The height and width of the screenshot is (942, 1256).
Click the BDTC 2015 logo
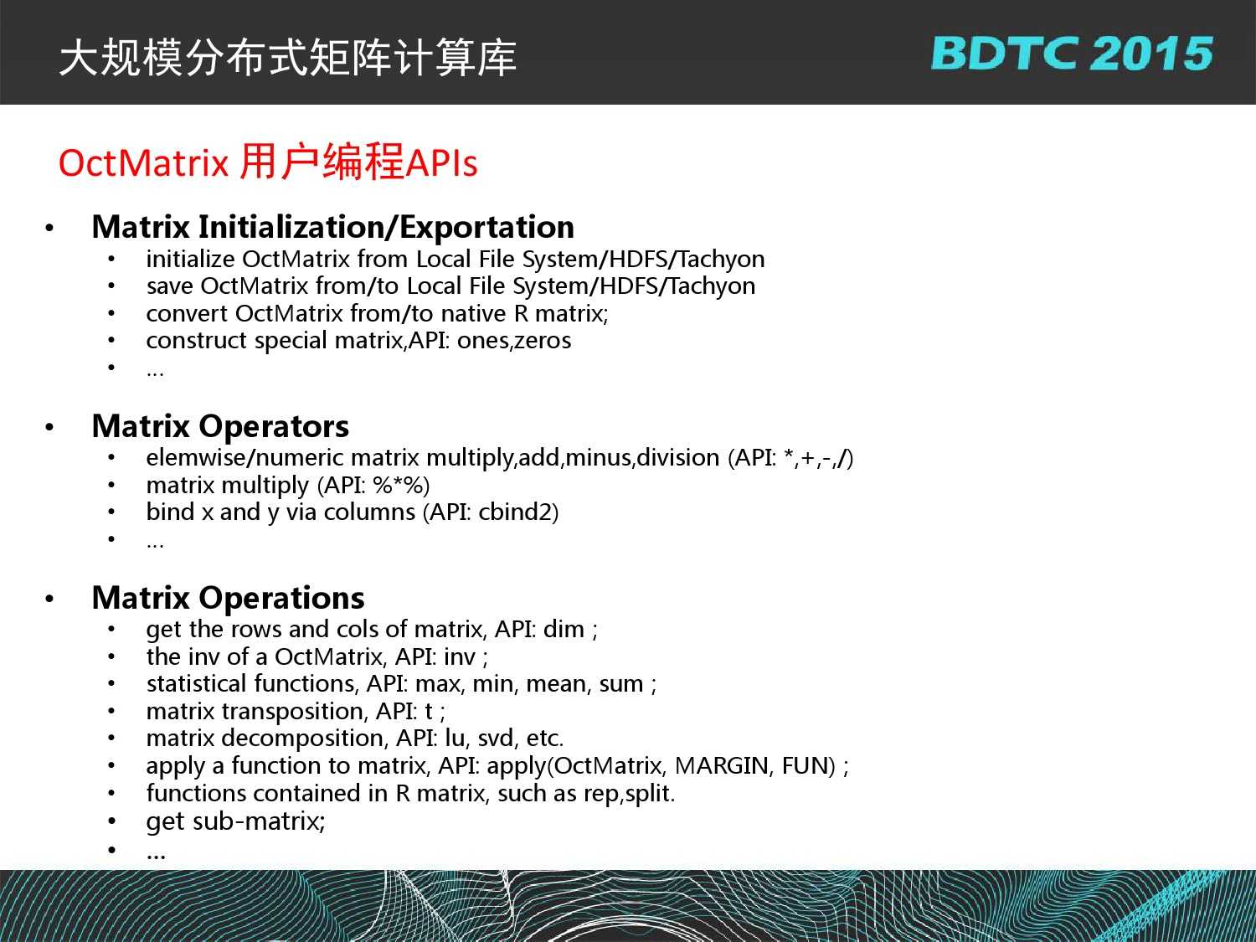[x=1072, y=54]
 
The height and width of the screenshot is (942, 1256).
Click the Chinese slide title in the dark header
[x=288, y=58]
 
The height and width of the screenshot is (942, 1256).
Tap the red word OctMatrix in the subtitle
[x=143, y=163]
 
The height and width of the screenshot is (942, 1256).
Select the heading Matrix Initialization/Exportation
[x=333, y=227]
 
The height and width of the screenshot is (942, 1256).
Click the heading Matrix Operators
[x=220, y=426]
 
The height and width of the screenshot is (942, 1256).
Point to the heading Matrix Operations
[x=228, y=598]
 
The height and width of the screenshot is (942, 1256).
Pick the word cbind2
[x=514, y=512]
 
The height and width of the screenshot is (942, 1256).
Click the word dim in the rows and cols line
[x=564, y=629]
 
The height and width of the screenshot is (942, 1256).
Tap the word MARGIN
[x=721, y=766]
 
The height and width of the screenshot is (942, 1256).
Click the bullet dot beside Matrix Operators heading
[x=49, y=427]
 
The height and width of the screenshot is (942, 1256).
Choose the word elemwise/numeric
[x=245, y=457]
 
